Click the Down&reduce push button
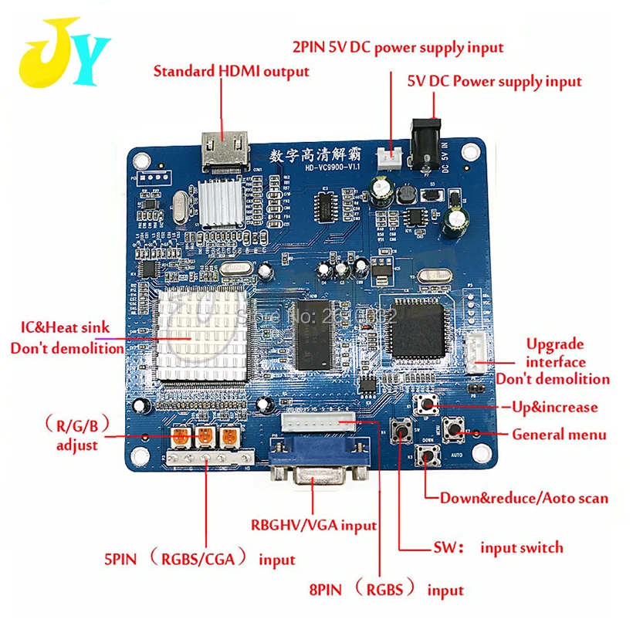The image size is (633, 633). click(x=426, y=458)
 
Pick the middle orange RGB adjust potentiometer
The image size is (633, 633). click(x=205, y=438)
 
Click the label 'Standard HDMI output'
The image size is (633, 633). click(x=232, y=72)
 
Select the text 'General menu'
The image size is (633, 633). click(x=559, y=435)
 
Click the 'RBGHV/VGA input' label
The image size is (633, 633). click(x=313, y=526)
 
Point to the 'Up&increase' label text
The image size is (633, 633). click(x=555, y=407)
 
